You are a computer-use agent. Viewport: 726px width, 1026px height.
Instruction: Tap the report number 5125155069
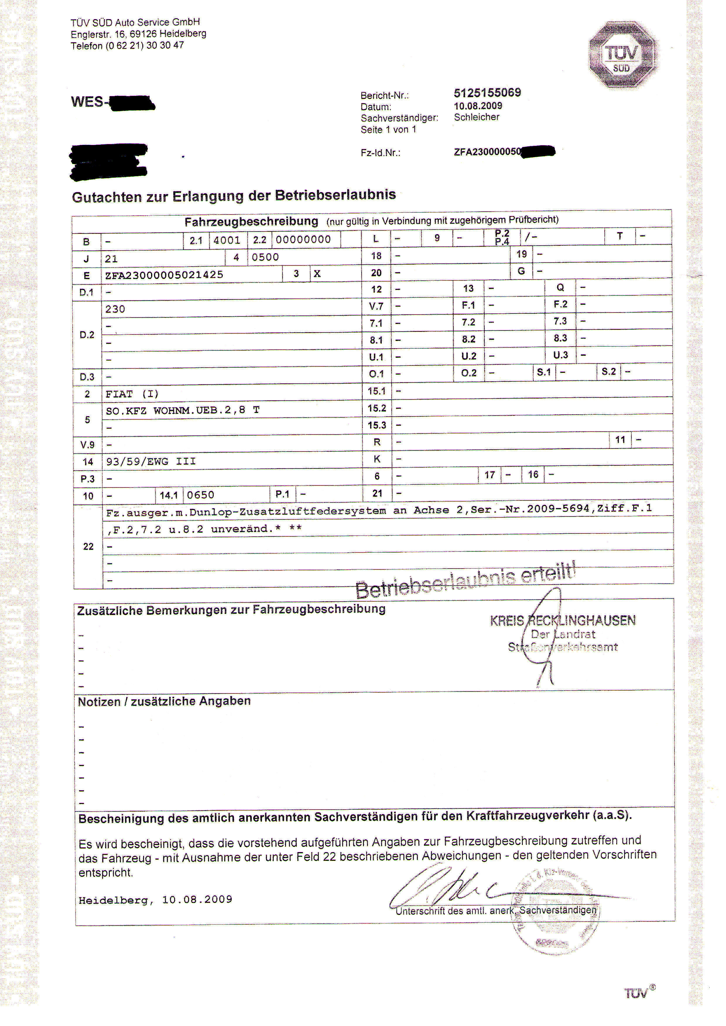tap(487, 93)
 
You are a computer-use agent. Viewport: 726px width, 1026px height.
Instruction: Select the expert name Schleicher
tap(477, 117)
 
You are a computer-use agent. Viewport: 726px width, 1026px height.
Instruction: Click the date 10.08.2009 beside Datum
tap(478, 106)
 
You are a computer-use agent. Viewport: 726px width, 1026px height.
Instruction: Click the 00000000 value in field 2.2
tap(303, 240)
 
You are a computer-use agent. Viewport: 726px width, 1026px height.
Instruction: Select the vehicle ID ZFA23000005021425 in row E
tap(164, 275)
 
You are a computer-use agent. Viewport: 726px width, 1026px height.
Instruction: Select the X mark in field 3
tap(317, 274)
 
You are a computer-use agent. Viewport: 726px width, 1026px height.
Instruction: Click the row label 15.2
tap(376, 408)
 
